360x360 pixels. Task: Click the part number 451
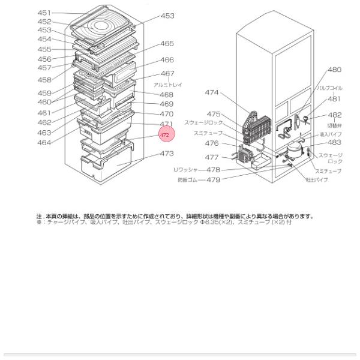pos(44,13)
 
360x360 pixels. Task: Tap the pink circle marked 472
pos(164,136)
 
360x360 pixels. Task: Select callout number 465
pos(167,44)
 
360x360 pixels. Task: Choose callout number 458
pos(44,80)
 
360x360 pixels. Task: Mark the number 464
pos(44,142)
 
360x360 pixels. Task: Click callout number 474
pos(211,93)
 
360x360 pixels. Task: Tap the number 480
pos(334,70)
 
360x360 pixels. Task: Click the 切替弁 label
pos(334,125)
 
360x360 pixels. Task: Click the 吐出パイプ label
pos(317,180)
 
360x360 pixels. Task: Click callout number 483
pos(334,143)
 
